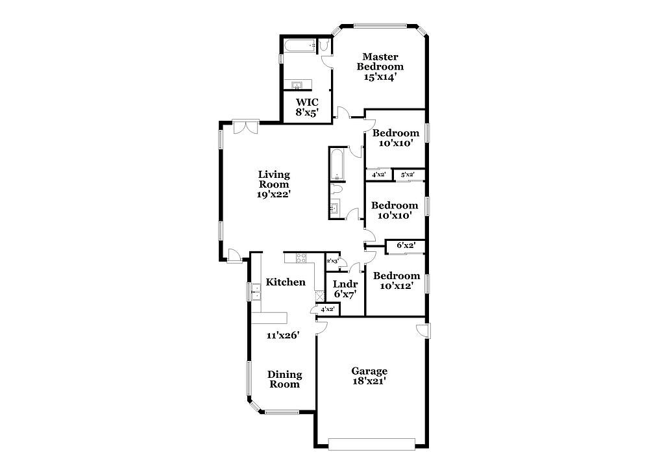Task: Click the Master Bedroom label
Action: coord(380,62)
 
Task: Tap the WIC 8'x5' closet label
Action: coord(307,107)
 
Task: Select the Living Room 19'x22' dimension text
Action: coord(274,194)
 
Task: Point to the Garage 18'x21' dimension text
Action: coord(369,381)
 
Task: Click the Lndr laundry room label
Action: coord(345,284)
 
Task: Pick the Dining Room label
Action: coord(284,379)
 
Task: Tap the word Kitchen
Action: coord(286,282)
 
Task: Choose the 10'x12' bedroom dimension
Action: coord(396,286)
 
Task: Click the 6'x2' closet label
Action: coord(406,245)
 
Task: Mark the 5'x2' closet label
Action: coord(408,175)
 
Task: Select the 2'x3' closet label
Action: coord(332,261)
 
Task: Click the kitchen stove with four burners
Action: coord(301,258)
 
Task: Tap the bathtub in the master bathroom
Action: coord(300,46)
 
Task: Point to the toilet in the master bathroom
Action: coord(324,45)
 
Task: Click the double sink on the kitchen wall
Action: coord(255,292)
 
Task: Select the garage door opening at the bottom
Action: coord(372,444)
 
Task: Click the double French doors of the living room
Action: coord(246,127)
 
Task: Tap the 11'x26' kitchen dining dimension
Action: coord(283,335)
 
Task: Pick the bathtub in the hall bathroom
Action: coord(337,164)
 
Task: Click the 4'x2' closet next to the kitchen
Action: coord(327,309)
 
